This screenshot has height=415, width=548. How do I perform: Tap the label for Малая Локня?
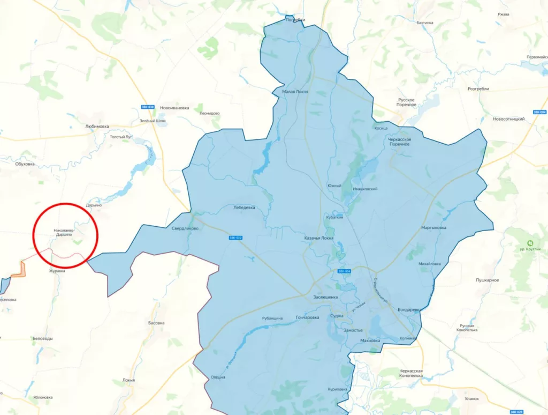295,92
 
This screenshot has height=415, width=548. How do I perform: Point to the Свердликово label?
185,228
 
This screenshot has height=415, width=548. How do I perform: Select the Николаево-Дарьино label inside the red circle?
63,232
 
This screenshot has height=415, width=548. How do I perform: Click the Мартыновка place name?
433,227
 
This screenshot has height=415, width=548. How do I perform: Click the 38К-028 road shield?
516,412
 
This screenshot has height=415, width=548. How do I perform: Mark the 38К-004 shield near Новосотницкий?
539,112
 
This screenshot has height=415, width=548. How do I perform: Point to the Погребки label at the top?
295,20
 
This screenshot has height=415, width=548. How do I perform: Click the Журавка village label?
57,271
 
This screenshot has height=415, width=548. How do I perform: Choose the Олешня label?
218,377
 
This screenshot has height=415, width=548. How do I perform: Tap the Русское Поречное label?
407,102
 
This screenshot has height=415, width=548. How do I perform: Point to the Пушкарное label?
487,280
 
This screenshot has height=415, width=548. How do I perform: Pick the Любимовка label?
97,127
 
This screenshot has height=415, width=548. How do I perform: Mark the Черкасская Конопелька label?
411,373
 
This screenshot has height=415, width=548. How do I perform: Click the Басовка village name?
156,323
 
